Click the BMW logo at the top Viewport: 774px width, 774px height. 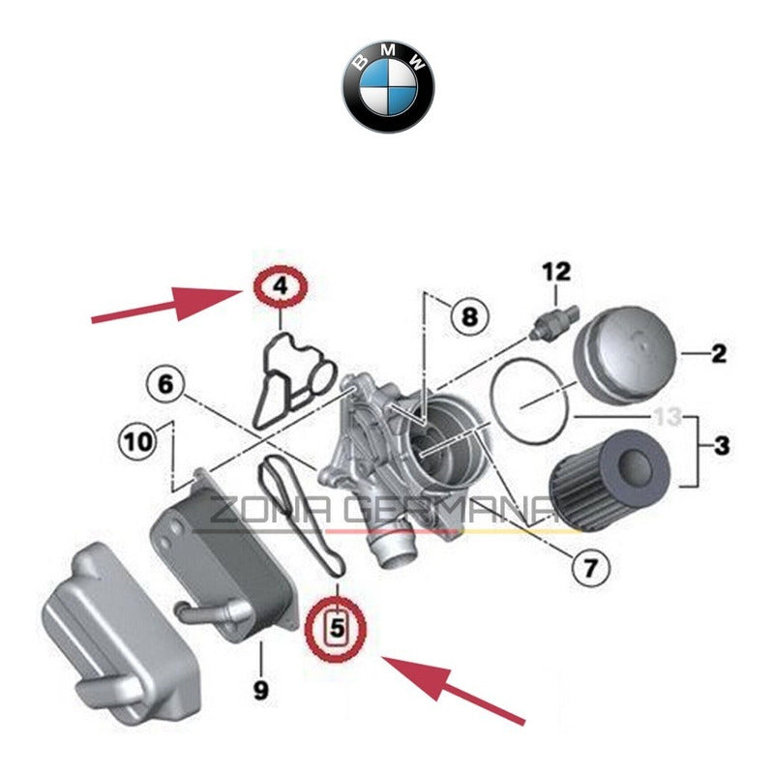coord(387,86)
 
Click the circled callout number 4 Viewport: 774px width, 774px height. coord(279,286)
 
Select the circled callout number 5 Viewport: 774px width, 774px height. coord(336,629)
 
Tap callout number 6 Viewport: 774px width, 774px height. coord(165,384)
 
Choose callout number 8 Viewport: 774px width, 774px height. coord(468,315)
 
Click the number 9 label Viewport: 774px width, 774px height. coord(259,691)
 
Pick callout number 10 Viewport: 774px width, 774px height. coord(136,442)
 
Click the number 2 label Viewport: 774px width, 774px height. coord(718,354)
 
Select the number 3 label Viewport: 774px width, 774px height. coord(722,446)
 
